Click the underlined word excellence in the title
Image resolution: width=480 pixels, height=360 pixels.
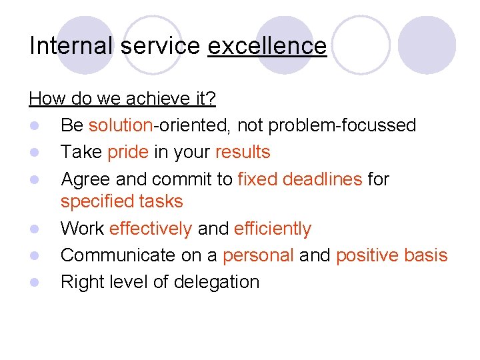267,46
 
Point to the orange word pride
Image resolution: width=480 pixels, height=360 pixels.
128,152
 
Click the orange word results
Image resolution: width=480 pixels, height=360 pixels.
243,152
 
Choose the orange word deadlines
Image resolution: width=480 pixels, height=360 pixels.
323,179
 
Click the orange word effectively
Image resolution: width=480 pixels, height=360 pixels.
151,229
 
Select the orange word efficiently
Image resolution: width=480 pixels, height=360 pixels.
273,229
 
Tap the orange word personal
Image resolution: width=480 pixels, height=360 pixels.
258,255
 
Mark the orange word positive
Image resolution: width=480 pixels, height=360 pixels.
369,255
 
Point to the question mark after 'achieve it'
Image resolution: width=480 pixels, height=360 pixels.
211,99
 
